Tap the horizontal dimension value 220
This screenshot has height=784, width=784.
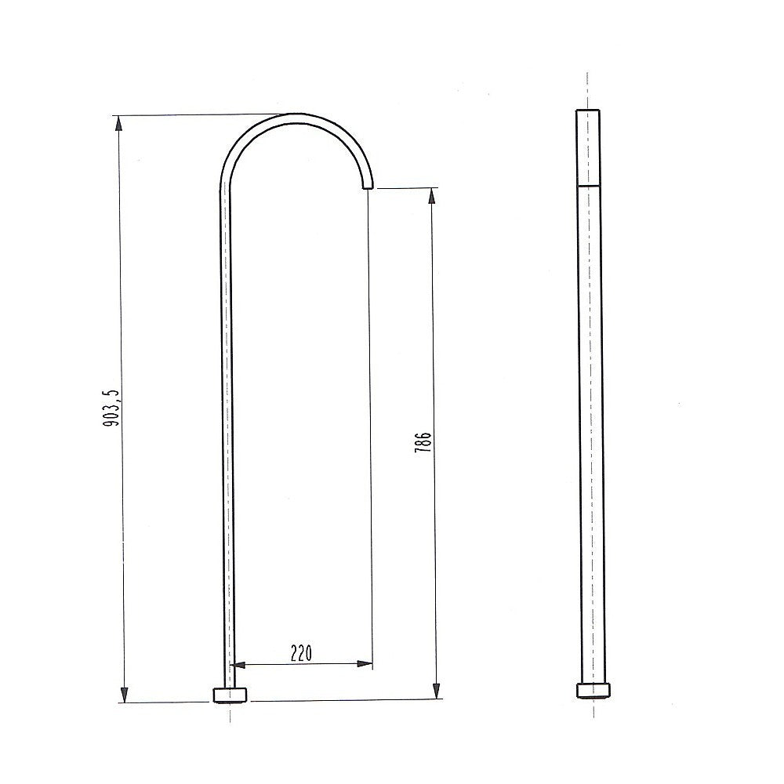[302, 652]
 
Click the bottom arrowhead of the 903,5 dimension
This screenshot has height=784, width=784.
[123, 694]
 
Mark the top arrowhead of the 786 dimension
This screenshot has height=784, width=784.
[431, 195]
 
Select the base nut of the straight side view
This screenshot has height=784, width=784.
[593, 690]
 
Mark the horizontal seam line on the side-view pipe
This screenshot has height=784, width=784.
[588, 184]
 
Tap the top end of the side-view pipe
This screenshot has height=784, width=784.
[588, 111]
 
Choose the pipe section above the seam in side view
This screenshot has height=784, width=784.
[588, 147]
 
